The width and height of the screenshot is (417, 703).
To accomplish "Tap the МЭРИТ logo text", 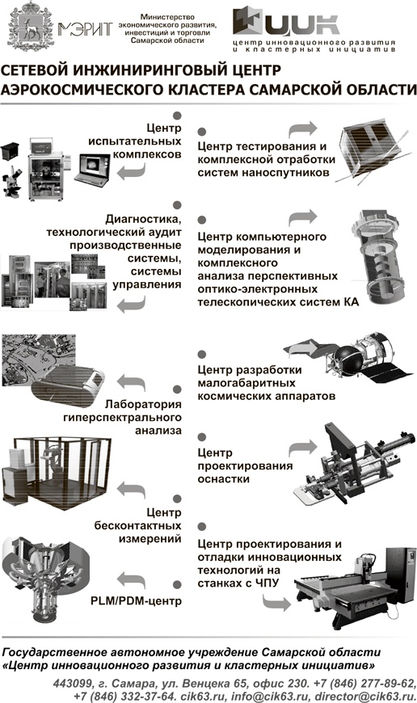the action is (85, 29).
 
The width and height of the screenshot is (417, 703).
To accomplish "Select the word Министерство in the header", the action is (167, 17).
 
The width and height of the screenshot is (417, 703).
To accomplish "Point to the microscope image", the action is (13, 182).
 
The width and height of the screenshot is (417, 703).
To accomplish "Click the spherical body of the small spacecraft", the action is (347, 357).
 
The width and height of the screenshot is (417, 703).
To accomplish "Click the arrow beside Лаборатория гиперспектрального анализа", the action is (131, 382).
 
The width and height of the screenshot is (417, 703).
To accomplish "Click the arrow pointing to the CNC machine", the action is (276, 602).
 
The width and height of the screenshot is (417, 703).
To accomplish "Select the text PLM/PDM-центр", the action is (137, 600).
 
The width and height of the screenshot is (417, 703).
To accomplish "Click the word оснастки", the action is (223, 479).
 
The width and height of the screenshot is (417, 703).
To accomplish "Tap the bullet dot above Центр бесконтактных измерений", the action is (177, 499).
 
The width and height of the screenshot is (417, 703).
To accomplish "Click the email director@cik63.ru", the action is (366, 697).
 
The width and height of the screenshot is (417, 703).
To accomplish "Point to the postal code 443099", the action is (71, 684).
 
